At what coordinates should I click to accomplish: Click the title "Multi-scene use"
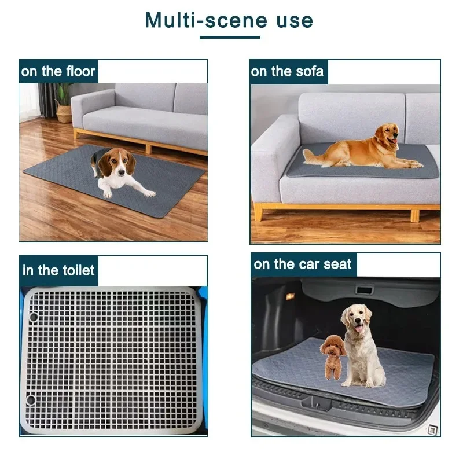tap(229, 20)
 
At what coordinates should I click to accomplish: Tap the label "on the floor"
tap(58, 72)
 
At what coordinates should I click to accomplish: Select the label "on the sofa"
tap(287, 72)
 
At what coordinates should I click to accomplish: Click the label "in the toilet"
tap(58, 270)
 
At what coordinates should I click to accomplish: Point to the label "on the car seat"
tap(303, 264)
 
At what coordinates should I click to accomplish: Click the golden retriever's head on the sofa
tap(387, 137)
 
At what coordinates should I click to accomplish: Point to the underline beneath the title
tap(230, 38)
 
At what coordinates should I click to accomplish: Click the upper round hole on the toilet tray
tap(33, 317)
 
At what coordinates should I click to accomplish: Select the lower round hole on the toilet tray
tap(31, 399)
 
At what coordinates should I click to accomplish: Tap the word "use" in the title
tap(294, 20)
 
